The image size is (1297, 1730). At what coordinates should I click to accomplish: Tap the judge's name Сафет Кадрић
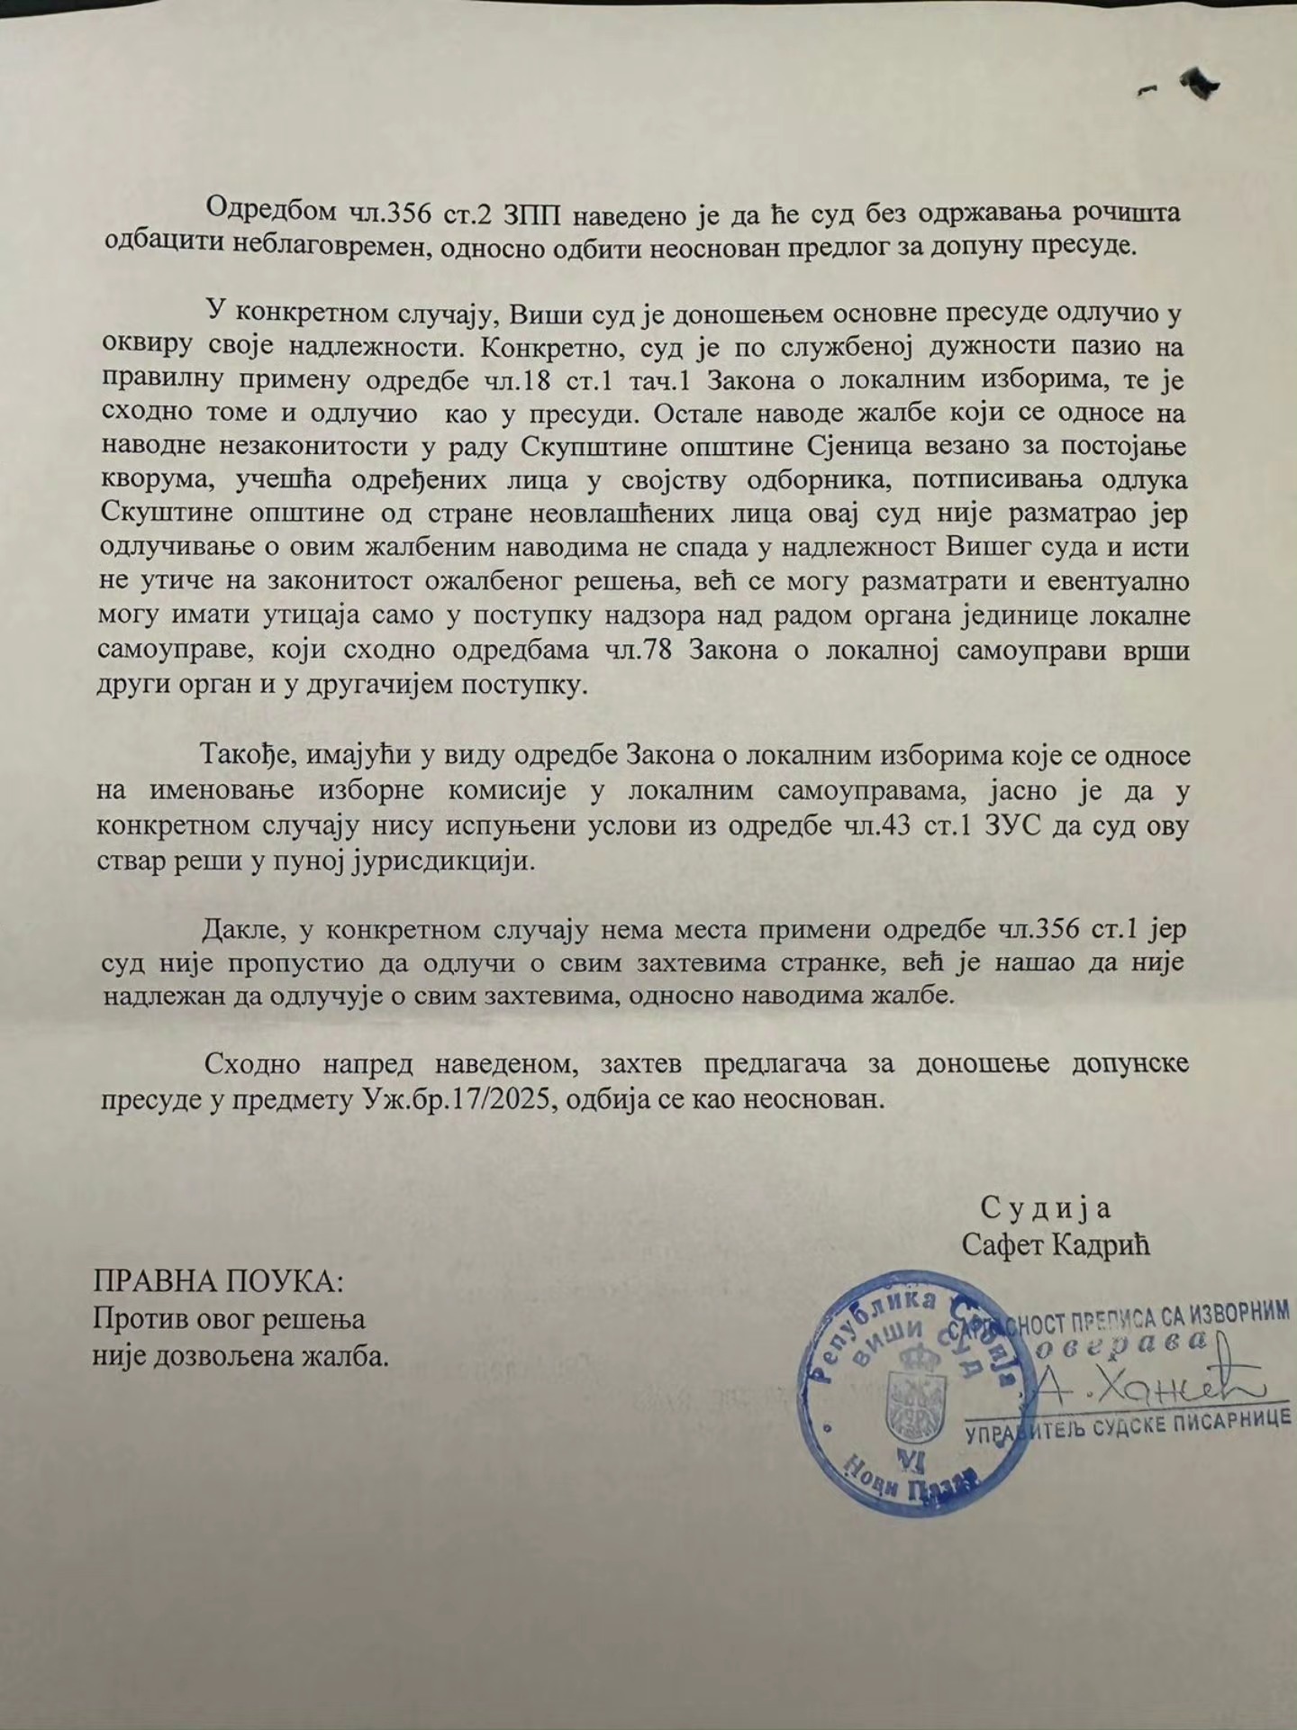1056,1245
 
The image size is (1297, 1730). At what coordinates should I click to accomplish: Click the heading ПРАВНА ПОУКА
219,1282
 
